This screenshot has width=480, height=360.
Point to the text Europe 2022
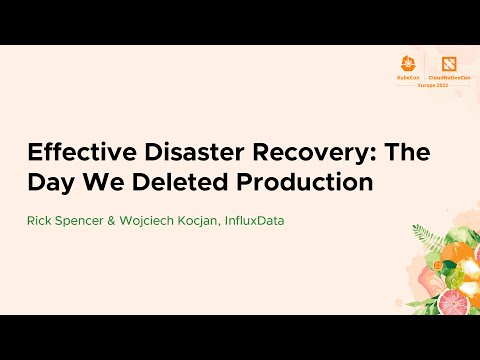[x=425, y=83]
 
